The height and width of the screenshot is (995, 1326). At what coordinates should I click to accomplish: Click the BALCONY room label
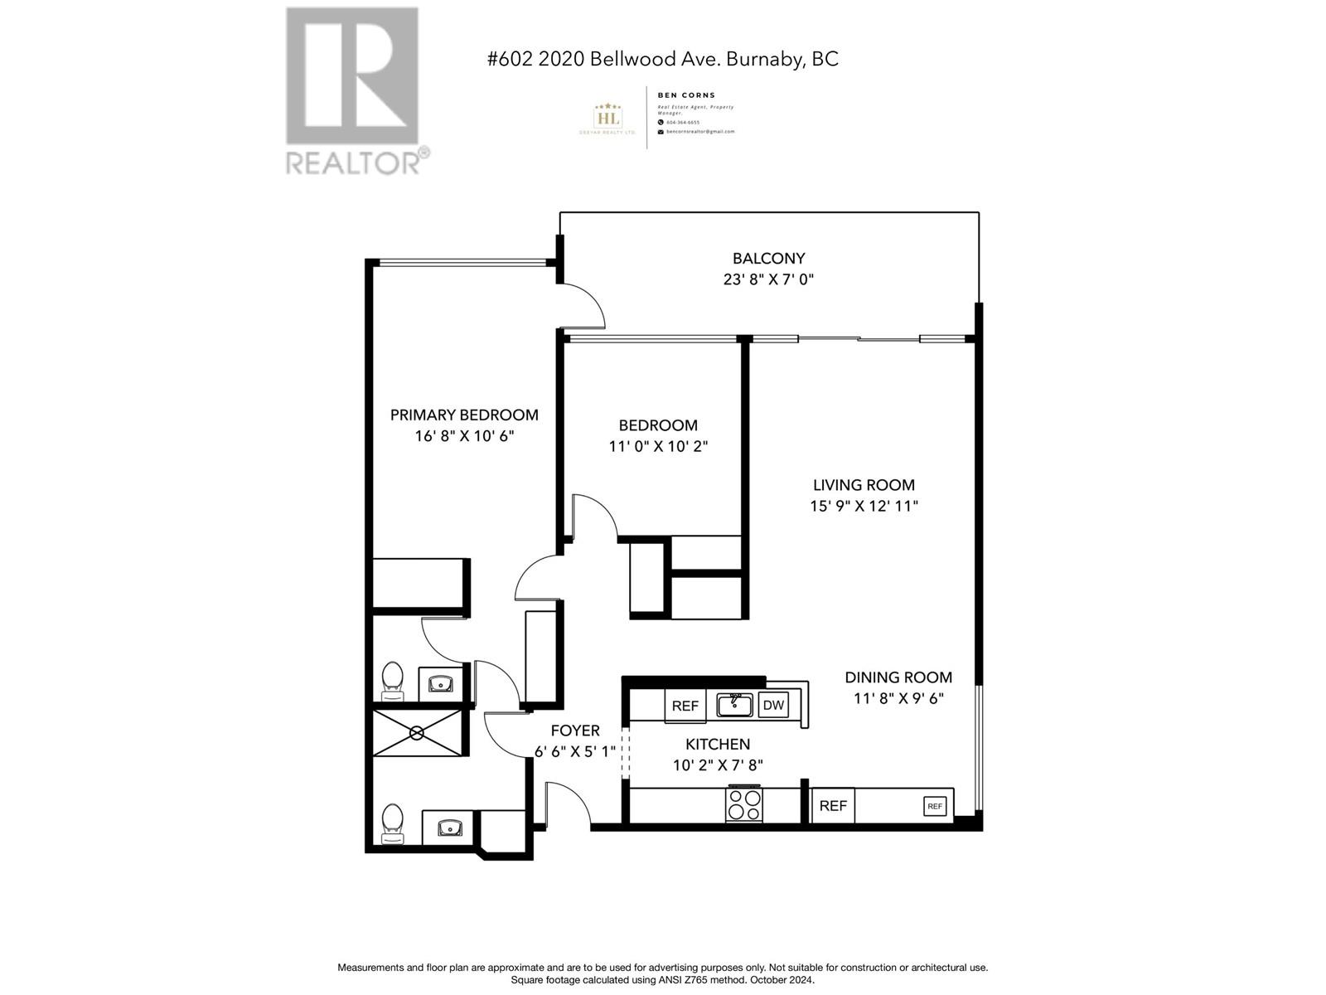(768, 259)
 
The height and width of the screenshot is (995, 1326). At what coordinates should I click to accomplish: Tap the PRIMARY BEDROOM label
(464, 415)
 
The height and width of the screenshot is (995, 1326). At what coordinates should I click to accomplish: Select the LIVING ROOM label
(864, 485)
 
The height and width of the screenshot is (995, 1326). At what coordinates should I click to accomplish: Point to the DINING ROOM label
(898, 677)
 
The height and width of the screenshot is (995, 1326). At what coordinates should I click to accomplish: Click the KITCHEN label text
(718, 745)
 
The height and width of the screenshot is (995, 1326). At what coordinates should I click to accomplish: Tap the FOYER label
(575, 730)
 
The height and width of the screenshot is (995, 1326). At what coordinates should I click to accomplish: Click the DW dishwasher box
(772, 706)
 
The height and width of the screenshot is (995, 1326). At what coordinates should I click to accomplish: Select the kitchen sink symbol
(734, 705)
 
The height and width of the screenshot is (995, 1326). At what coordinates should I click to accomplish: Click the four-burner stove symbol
(743, 803)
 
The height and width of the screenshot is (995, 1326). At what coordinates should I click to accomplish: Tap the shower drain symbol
(417, 733)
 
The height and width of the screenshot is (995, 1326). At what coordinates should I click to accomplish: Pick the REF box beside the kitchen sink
(685, 706)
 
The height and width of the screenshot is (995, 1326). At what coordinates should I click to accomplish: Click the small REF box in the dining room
(935, 806)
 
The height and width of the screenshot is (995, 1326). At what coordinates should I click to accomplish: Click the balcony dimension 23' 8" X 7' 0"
(768, 279)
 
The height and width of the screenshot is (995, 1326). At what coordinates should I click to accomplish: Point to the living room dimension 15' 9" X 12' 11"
(864, 506)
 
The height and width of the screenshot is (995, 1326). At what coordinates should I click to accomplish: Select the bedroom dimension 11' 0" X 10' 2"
(658, 446)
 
